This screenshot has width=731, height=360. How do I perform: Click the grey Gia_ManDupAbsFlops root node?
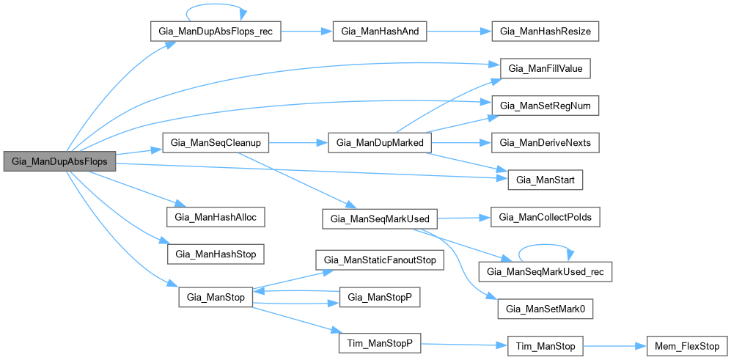59,161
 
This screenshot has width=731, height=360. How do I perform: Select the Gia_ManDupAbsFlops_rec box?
215,32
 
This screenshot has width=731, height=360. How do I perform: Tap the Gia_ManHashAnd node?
380,32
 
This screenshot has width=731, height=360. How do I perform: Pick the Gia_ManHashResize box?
546,32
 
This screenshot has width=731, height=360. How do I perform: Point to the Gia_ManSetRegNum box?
546,106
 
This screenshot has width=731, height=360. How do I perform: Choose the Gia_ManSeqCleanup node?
216,142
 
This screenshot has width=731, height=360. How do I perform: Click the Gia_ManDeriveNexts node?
546,142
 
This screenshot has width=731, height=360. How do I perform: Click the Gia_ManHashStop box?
216,253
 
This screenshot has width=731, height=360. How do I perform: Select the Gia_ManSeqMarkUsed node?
380,218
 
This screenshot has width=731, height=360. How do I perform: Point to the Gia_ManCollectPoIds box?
546,218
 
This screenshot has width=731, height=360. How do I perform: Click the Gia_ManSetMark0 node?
546,309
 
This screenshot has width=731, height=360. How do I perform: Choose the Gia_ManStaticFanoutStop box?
380,260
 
